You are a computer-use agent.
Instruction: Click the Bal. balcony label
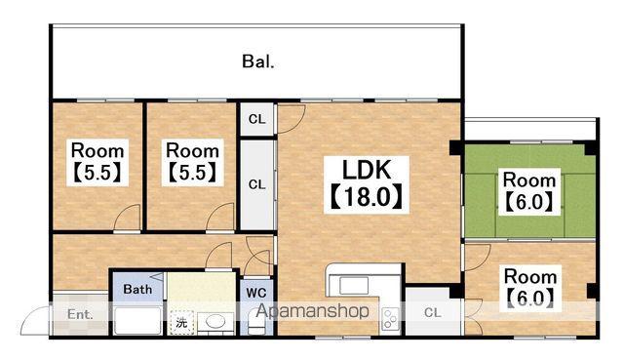tap(258, 62)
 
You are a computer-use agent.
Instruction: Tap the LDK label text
tap(367, 170)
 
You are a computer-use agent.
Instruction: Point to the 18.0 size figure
tap(367, 197)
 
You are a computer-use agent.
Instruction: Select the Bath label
tap(137, 289)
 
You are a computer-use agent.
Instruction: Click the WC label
tap(256, 294)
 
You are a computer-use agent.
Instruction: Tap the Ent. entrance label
tap(80, 314)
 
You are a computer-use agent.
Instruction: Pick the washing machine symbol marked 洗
tap(181, 322)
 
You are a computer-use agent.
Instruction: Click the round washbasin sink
tap(215, 322)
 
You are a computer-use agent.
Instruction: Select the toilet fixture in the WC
tap(255, 322)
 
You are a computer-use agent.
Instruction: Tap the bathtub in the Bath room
tap(137, 320)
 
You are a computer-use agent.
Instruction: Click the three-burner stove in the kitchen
tap(390, 319)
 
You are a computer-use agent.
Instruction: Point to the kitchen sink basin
tap(354, 286)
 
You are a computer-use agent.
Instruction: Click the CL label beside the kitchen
tap(433, 313)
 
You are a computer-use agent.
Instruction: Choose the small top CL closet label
tap(256, 119)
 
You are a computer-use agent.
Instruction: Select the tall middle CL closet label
tap(256, 184)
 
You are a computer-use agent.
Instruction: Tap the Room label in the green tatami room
tap(528, 180)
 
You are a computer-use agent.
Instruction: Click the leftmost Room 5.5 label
tap(97, 151)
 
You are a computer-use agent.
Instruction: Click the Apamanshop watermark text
tap(313, 311)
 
